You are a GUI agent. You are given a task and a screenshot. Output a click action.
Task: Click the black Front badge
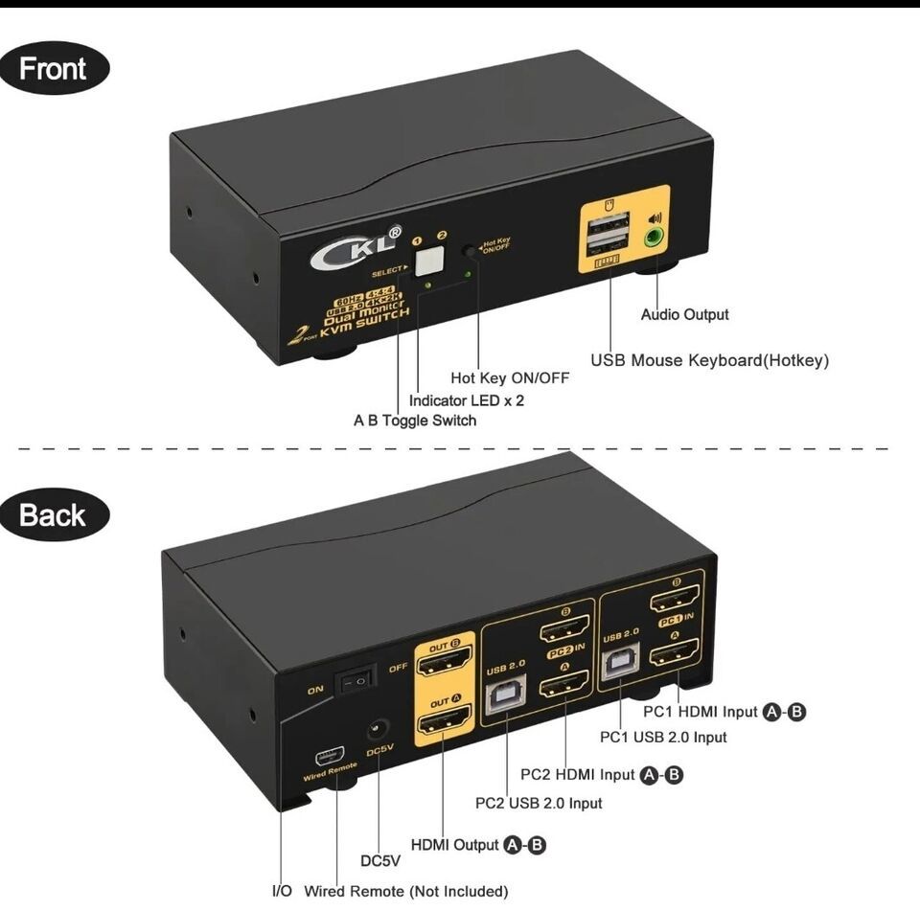click(x=54, y=69)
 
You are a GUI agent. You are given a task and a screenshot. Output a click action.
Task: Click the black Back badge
click(x=54, y=515)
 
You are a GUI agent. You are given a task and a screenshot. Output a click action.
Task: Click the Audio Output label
click(x=684, y=314)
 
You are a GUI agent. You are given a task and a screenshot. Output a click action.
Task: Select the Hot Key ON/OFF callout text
click(x=510, y=378)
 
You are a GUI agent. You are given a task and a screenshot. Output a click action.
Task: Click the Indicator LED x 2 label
click(x=467, y=400)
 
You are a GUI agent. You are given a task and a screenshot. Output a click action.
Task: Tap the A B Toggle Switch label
click(x=415, y=421)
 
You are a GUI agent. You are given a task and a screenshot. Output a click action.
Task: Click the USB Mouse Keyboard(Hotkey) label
click(x=709, y=361)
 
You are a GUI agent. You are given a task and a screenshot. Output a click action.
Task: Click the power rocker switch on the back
click(x=352, y=681)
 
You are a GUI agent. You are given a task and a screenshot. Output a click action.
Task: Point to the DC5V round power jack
click(x=379, y=732)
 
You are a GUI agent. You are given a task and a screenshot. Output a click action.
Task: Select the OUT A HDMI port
click(x=446, y=721)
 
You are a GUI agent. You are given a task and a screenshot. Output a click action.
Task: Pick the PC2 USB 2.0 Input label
click(x=539, y=803)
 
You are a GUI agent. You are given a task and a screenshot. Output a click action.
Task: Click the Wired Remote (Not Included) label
click(x=405, y=892)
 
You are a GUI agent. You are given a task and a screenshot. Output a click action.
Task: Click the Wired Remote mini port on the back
click(x=329, y=750)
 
